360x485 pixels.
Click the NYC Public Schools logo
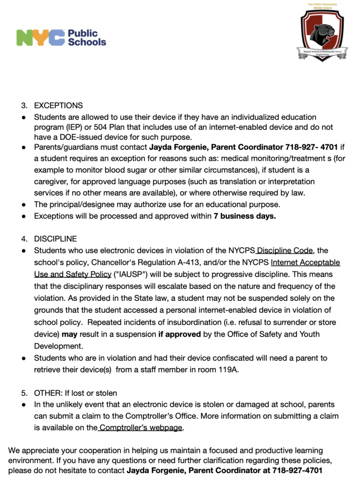point(61,37)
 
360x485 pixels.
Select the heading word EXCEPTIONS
point(58,106)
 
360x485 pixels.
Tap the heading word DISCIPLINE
point(55,239)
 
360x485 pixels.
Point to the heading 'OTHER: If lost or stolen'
point(75,393)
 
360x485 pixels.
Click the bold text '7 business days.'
point(244,216)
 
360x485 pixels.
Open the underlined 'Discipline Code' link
point(285,251)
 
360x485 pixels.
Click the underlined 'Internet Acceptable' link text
point(306,262)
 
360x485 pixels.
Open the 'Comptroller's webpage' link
point(141,428)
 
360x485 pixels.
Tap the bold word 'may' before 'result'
point(70,334)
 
